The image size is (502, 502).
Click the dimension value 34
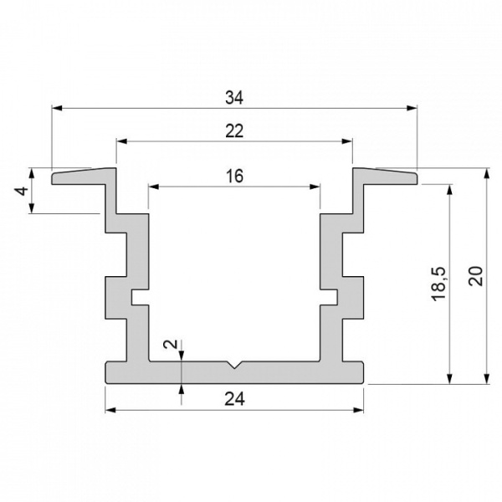(234, 97)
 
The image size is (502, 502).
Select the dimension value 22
(234, 131)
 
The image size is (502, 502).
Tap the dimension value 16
(234, 176)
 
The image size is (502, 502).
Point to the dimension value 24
(234, 399)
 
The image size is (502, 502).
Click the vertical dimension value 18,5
(438, 284)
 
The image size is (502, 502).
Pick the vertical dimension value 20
(475, 275)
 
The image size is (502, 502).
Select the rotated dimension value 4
(22, 191)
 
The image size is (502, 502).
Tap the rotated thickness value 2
(171, 344)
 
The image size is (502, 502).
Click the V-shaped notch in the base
(234, 365)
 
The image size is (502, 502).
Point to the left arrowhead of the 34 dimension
(57, 108)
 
